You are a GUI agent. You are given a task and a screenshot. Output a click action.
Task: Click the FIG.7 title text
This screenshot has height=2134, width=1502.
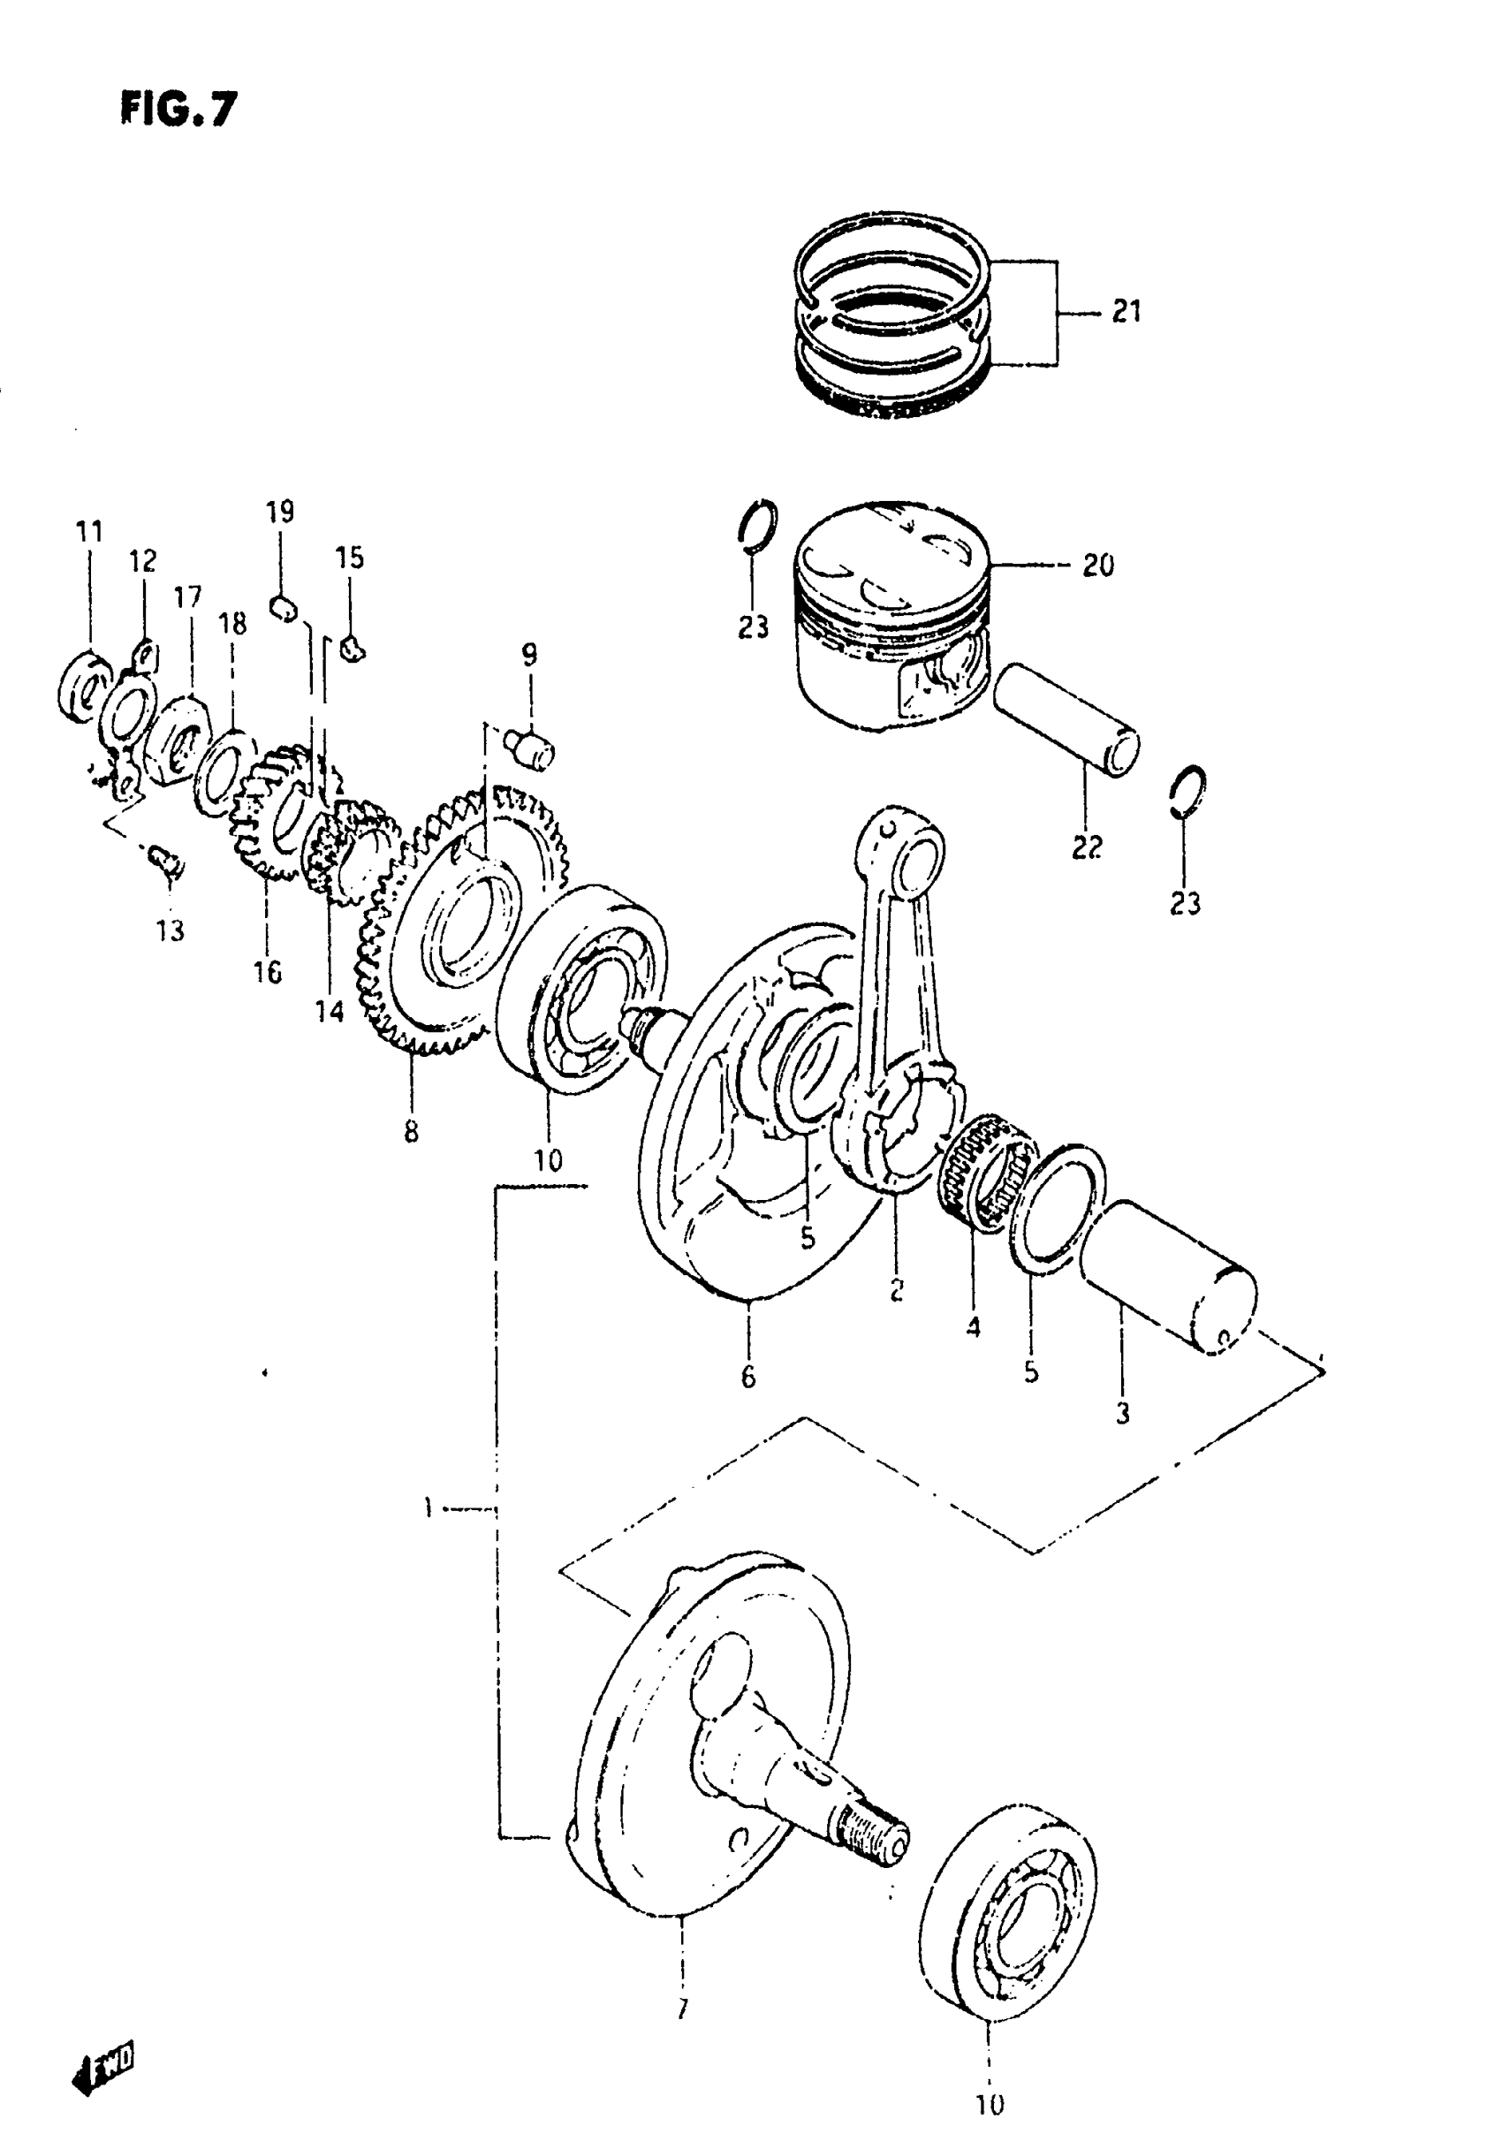pyautogui.click(x=178, y=109)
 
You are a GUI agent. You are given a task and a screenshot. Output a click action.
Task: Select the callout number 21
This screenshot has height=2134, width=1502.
pyautogui.click(x=1126, y=311)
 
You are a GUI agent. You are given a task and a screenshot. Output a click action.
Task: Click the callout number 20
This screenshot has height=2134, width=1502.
pyautogui.click(x=1097, y=566)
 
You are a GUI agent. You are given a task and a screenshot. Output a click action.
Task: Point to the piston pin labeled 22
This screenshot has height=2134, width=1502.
pyautogui.click(x=1066, y=719)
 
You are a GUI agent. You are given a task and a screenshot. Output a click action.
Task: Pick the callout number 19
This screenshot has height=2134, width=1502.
pyautogui.click(x=280, y=513)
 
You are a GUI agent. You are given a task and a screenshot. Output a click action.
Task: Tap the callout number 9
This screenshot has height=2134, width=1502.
pyautogui.click(x=529, y=657)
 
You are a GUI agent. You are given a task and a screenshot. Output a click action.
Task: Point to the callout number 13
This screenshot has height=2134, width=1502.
pyautogui.click(x=171, y=930)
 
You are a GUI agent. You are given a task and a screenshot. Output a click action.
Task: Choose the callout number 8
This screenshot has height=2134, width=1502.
pyautogui.click(x=411, y=1132)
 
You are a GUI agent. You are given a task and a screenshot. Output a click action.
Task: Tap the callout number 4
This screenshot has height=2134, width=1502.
pyautogui.click(x=973, y=1328)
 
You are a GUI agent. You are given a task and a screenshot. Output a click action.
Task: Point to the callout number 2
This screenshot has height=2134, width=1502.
pyautogui.click(x=896, y=1290)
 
